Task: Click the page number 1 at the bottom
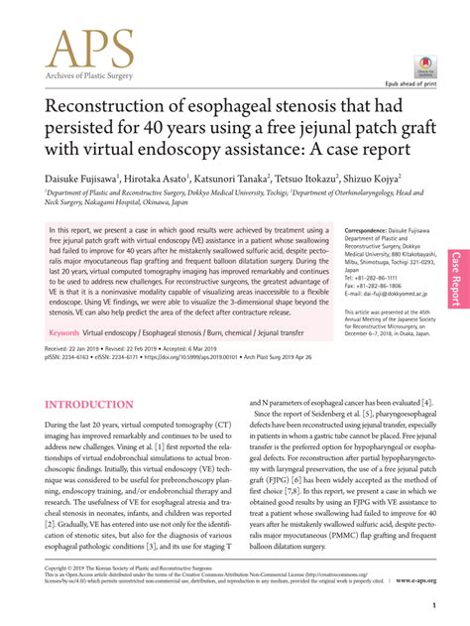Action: point(434,604)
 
